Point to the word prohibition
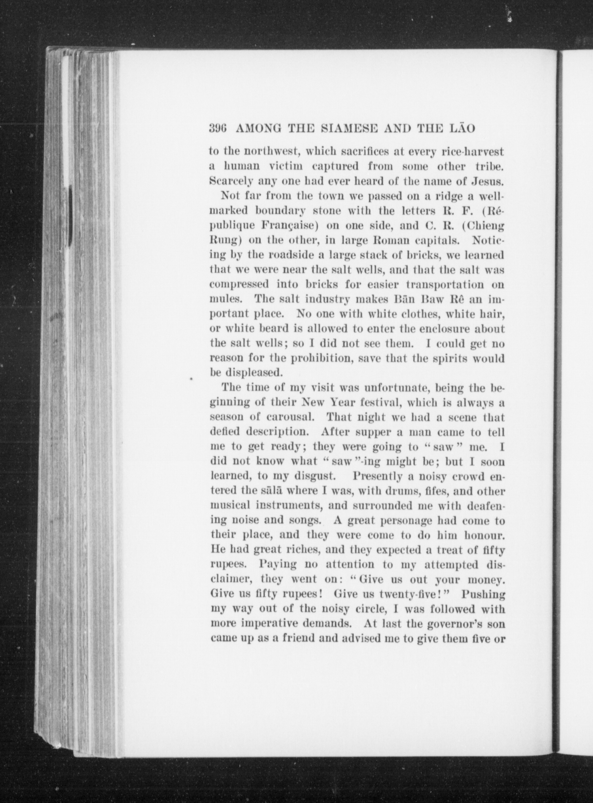pos(319,358)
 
